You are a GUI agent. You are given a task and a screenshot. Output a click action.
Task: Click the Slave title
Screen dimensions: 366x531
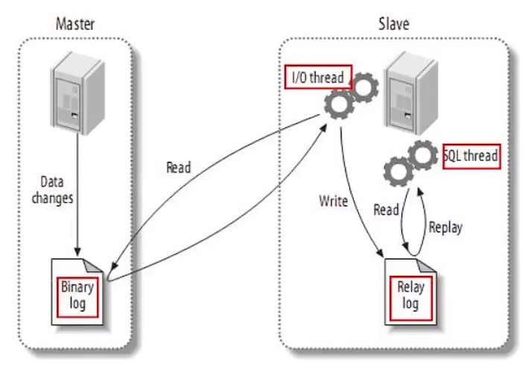[393, 25]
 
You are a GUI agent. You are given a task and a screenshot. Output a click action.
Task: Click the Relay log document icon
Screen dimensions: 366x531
[409, 291]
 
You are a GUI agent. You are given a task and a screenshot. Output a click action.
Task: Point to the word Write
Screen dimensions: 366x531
[333, 201]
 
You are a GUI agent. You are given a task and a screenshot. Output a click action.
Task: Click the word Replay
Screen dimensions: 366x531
[445, 227]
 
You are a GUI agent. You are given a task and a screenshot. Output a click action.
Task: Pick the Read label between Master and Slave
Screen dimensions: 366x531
[178, 168]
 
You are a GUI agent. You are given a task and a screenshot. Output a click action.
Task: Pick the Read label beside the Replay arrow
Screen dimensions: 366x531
[385, 211]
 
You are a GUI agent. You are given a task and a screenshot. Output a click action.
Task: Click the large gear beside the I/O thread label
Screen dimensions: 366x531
[340, 107]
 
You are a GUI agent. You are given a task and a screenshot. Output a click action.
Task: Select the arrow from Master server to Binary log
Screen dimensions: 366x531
[77, 201]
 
